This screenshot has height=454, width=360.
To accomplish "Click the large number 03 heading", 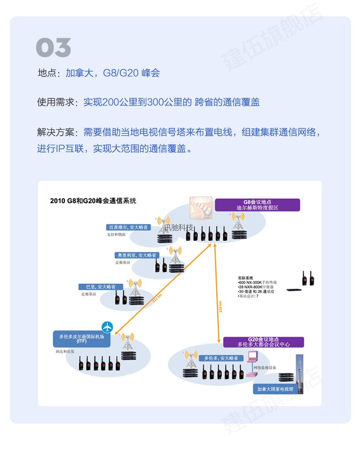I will pos(53,48).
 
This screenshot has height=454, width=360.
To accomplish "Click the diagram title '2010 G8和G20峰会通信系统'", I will pos(93,200).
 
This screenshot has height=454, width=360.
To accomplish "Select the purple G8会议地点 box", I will pos(257,204).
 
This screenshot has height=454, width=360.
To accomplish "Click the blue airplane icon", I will pos(107,326).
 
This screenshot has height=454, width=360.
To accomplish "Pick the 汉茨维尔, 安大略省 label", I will pos(128,227).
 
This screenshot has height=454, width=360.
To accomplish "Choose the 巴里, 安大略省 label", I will pos(100,287).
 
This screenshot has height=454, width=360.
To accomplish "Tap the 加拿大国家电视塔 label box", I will pos(275,389).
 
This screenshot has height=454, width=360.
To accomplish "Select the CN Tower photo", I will pos(299,367).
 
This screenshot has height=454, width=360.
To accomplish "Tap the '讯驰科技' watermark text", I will pos(179,227).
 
